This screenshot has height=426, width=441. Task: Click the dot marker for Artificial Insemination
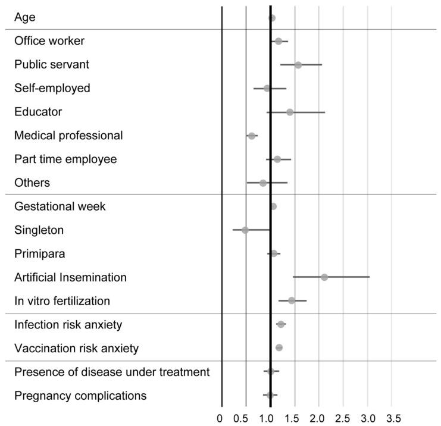[324, 277]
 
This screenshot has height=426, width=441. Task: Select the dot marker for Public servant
[298, 65]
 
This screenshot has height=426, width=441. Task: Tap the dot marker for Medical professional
[252, 136]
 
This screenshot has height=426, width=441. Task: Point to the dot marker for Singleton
[245, 230]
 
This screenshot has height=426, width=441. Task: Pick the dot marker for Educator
[290, 112]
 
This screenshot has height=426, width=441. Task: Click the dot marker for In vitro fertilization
[292, 300]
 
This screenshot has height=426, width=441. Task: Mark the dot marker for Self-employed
[267, 89]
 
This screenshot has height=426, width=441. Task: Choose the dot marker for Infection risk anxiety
[281, 324]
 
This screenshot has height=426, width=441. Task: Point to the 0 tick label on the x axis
[220, 417]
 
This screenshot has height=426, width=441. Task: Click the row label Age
[25, 17]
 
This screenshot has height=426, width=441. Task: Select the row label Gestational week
[60, 206]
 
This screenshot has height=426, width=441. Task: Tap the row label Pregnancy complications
[80, 395]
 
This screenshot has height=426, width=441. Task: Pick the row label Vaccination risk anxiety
[77, 348]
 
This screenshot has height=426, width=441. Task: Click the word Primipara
[40, 253]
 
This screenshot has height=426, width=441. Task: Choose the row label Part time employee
[65, 159]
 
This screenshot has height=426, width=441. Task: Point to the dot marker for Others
[263, 183]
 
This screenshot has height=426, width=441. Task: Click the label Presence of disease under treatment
[112, 372]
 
